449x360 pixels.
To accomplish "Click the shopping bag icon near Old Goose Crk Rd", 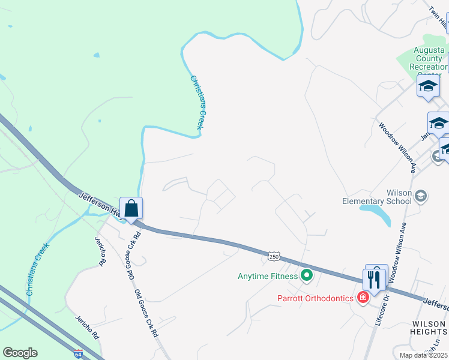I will click(131, 209).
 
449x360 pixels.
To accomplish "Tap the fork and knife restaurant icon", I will click(373, 279).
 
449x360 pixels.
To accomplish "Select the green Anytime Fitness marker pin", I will click(307, 276).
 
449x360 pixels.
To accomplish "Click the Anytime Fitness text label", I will click(268, 276).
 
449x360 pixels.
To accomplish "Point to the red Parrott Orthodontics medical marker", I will click(363, 297).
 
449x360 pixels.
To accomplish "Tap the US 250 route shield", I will click(274, 256).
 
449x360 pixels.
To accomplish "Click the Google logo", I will click(20, 353).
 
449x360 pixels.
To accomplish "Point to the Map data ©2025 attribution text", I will click(423, 355).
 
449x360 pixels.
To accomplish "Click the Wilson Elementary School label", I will click(376, 197).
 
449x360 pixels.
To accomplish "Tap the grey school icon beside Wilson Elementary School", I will click(421, 196).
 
